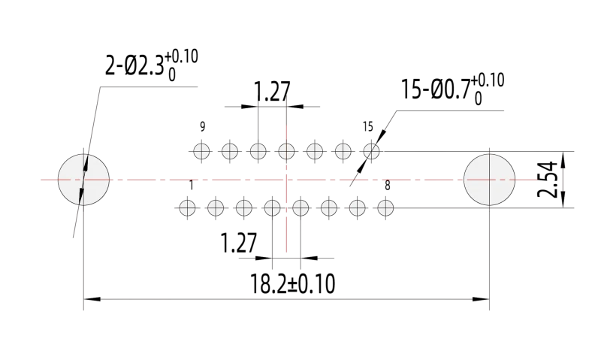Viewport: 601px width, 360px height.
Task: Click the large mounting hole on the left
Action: coord(83,180)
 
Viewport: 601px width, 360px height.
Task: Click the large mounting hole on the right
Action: coord(489,180)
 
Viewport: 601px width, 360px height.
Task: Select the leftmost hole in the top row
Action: coord(201,151)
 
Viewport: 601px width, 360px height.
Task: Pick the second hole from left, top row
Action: coord(230,151)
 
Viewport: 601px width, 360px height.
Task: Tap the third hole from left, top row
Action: coord(258,151)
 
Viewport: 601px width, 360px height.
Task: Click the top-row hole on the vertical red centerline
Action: coord(286,151)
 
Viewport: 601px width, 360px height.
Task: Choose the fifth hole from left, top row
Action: coord(315,151)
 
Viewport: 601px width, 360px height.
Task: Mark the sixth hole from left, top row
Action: coord(343,151)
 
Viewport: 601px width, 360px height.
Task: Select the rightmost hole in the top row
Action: coord(371,151)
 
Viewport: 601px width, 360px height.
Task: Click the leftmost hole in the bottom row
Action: coord(187,207)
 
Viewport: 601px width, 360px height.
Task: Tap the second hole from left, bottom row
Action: coord(216,207)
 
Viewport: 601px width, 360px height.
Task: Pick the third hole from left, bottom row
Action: coord(244,207)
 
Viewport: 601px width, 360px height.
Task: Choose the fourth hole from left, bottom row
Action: coord(272,207)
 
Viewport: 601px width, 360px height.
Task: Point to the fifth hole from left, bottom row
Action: coord(300,207)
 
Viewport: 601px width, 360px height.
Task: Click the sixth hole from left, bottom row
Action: coord(329,207)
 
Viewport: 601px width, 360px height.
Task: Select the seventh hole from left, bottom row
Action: coord(358,207)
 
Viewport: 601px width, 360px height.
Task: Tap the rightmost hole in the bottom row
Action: coord(385,207)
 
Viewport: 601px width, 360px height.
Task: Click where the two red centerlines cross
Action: coord(286,180)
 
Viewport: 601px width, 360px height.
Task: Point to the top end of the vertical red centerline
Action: coord(286,96)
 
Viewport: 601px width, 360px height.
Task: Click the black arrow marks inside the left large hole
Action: coord(84,180)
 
